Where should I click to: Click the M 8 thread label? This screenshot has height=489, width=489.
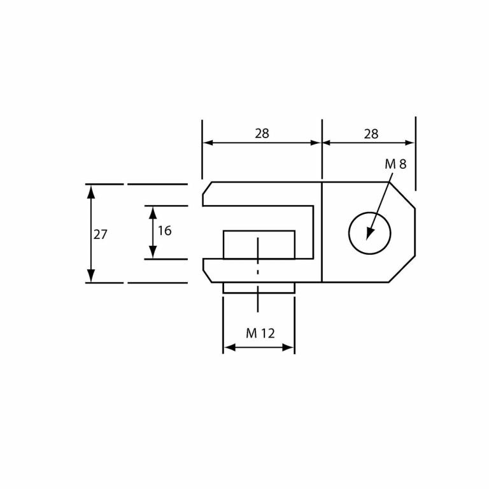click(x=395, y=164)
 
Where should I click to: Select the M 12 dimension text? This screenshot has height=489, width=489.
click(x=260, y=333)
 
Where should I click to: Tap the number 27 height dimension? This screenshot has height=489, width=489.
click(x=101, y=234)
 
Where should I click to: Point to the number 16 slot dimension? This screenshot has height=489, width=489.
click(x=164, y=231)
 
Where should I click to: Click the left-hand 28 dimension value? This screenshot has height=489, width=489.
click(x=262, y=134)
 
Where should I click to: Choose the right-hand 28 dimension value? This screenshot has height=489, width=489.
click(x=371, y=134)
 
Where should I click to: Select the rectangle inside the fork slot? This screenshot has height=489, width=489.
click(x=259, y=244)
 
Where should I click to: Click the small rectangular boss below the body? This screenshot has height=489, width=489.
click(x=259, y=288)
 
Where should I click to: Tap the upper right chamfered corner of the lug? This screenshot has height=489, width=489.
click(x=402, y=195)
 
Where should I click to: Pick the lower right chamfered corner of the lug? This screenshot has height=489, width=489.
click(x=402, y=269)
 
